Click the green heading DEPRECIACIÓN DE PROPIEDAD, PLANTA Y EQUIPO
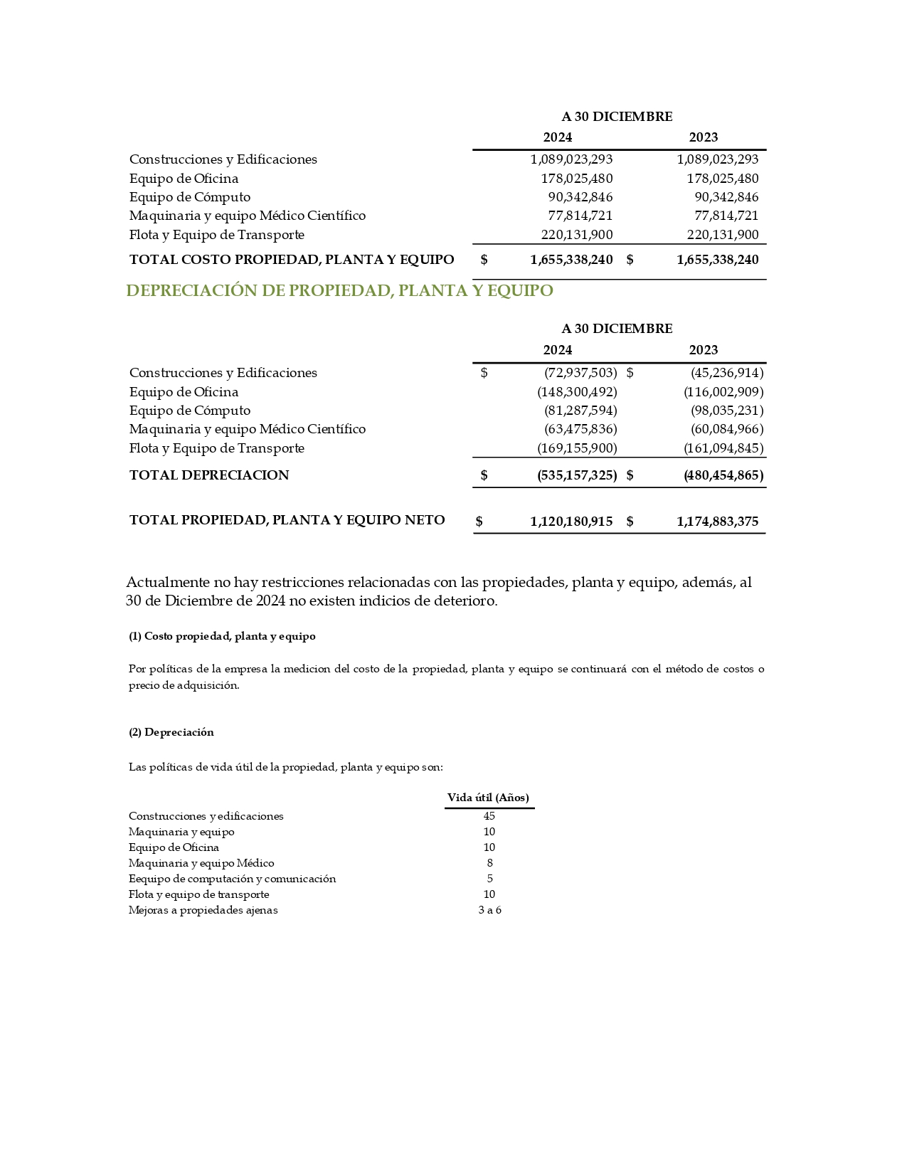click(339, 290)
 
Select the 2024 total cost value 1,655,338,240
click(571, 260)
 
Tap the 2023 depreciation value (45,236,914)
click(726, 373)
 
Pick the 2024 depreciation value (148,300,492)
click(577, 392)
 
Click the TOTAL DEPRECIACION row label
click(209, 475)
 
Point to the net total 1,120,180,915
click(571, 522)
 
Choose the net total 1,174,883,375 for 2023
click(717, 522)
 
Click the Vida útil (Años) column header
click(488, 798)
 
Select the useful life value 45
click(489, 816)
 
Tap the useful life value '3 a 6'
click(489, 910)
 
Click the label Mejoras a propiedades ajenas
click(203, 910)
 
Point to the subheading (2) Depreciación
click(171, 732)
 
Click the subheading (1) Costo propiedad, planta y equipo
click(222, 636)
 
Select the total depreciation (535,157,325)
click(577, 475)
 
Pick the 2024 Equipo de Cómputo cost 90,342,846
click(580, 197)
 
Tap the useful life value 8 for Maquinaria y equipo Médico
click(489, 863)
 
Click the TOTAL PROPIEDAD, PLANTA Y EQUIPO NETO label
click(287, 520)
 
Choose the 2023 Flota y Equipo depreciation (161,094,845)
click(723, 448)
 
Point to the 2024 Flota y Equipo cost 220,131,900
click(577, 235)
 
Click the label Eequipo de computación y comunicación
click(232, 879)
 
